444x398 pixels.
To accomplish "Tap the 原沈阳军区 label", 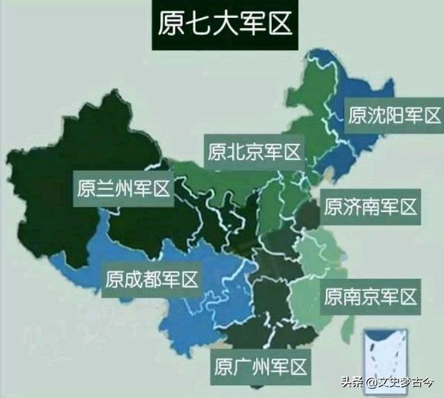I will (x=394, y=114).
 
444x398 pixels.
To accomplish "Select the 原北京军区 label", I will (x=253, y=151).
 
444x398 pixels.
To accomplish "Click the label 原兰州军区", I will (x=123, y=188).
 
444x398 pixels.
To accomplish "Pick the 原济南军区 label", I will (x=370, y=207).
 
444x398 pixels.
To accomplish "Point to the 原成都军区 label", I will (x=152, y=280).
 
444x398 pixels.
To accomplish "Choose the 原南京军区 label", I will (x=371, y=297).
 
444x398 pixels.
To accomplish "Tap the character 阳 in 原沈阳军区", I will (x=394, y=114).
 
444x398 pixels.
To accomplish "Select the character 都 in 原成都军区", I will (x=152, y=280).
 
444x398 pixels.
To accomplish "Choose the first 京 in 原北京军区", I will (x=253, y=151).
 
